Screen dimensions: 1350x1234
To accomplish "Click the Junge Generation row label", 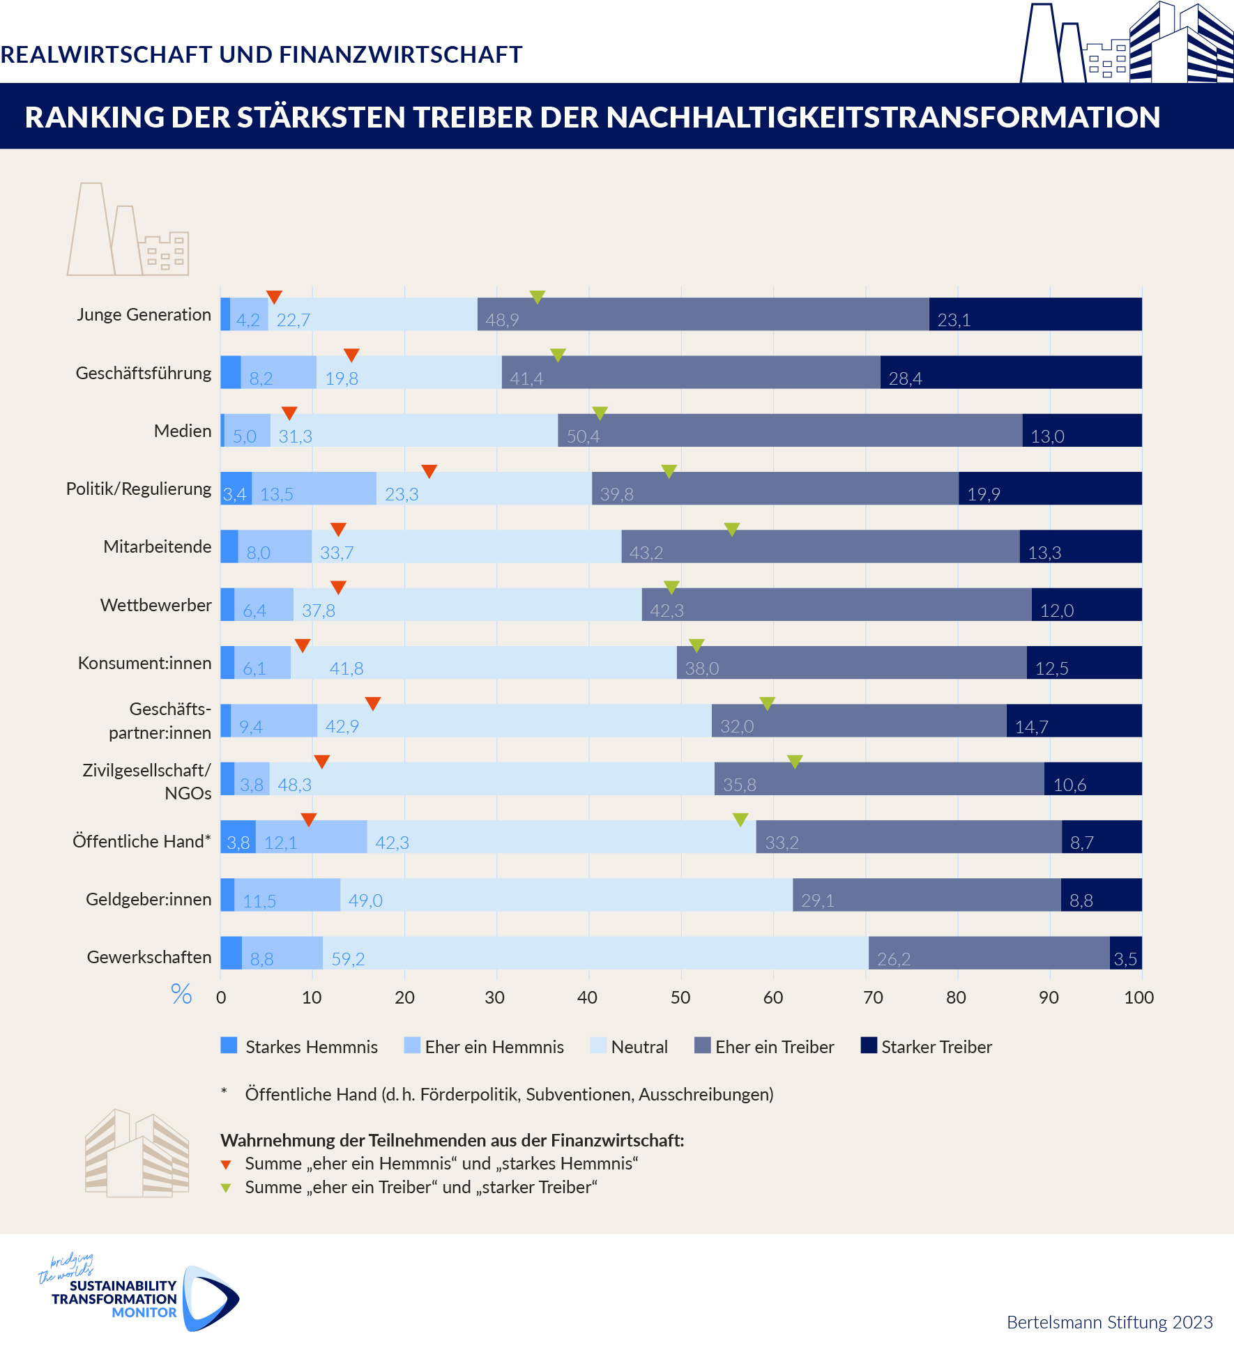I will [144, 315].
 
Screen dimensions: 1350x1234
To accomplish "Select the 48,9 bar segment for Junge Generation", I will [703, 314].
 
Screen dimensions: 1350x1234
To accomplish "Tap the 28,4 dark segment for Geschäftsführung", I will [1010, 372].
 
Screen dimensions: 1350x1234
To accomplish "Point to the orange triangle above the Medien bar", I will [289, 413].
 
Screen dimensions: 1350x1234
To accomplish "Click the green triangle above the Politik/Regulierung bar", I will [669, 472].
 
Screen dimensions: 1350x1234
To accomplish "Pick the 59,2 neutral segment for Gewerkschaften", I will [595, 953].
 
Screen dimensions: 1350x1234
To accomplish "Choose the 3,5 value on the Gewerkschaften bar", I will [1125, 959].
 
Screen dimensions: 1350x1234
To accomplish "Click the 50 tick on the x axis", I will [680, 997].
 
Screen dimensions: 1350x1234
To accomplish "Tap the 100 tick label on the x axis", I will [1138, 997].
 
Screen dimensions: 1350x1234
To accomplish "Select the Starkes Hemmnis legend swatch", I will [229, 1045].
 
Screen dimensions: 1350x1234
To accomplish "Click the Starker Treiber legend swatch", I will [869, 1045].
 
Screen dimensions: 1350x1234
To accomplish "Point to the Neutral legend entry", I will [639, 1047].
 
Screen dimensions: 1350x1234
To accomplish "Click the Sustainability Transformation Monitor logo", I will [139, 1296].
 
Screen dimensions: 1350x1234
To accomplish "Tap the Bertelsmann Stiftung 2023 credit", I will [1109, 1322].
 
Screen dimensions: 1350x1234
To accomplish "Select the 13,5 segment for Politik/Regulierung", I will [314, 489].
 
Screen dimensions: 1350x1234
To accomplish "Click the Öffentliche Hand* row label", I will [142, 841].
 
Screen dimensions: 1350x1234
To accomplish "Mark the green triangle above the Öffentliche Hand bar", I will [740, 820].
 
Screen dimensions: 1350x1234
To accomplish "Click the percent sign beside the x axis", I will [181, 994].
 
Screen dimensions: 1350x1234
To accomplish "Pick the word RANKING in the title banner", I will [93, 117].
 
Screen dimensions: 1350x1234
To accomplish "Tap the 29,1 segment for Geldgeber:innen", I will [927, 895].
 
